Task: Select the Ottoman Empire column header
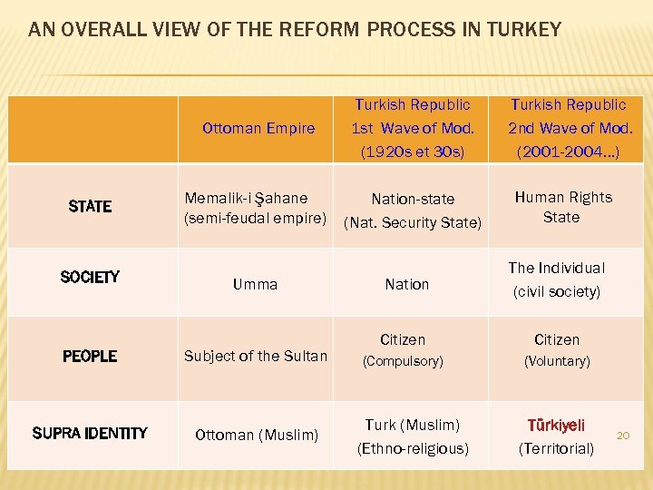point(258,129)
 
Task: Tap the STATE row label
point(90,207)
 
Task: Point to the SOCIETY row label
point(90,277)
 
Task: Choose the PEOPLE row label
point(90,357)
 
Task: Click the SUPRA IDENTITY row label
point(90,434)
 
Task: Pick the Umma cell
point(255,285)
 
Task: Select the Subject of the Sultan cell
point(256,356)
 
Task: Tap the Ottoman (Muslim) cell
point(257,435)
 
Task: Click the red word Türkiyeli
point(556,425)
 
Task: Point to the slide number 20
point(623,436)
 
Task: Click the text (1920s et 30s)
point(413,152)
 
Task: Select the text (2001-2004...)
point(568,152)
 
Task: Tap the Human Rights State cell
point(563,207)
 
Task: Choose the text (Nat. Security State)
point(413,222)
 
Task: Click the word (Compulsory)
point(403,361)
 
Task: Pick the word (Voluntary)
point(557,361)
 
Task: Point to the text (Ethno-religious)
point(413,448)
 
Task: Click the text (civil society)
point(556,292)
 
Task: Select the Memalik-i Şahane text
point(246,198)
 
